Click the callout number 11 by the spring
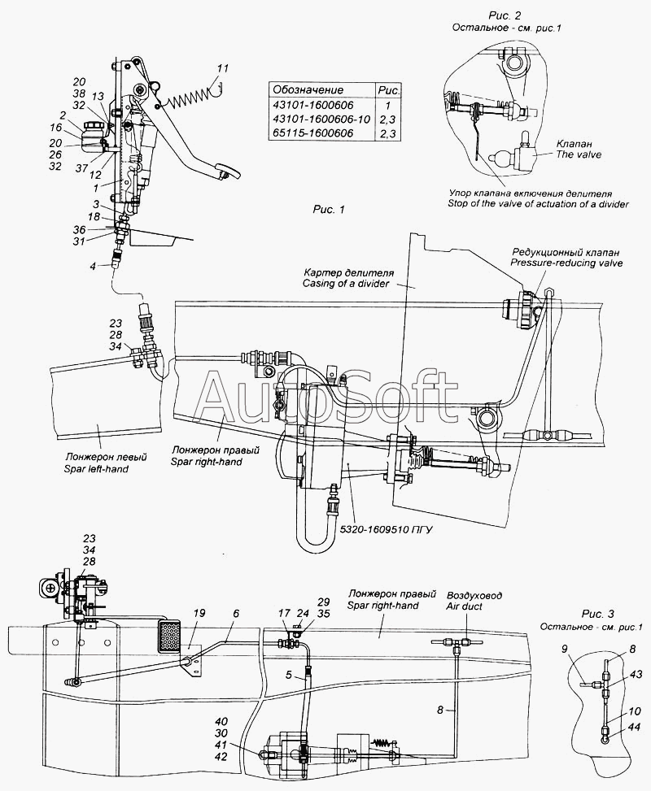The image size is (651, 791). pyautogui.click(x=223, y=68)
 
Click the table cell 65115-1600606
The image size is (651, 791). pyautogui.click(x=313, y=133)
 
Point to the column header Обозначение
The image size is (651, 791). pyautogui.click(x=308, y=90)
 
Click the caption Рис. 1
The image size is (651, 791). pyautogui.click(x=329, y=210)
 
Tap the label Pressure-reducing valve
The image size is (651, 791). pyautogui.click(x=566, y=263)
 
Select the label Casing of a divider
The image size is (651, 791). pyautogui.click(x=346, y=284)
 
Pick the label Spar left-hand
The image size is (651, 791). pyautogui.click(x=97, y=468)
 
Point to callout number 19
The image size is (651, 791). pyautogui.click(x=199, y=614)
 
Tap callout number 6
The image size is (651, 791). pyautogui.click(x=236, y=614)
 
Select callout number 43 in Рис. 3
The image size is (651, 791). pyautogui.click(x=635, y=675)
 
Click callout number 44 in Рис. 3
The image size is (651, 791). pyautogui.click(x=635, y=727)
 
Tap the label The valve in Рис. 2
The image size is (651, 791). pyautogui.click(x=579, y=154)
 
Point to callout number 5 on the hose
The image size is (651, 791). pyautogui.click(x=289, y=675)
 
